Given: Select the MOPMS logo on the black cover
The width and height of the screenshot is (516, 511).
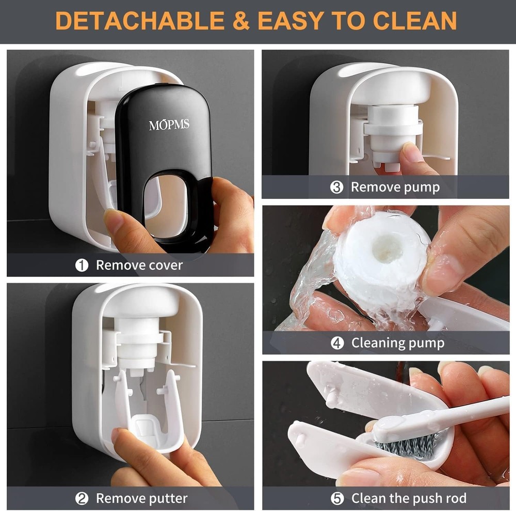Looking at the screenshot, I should tap(169, 125).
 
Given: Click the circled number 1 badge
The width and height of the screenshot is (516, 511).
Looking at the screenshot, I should tap(82, 266).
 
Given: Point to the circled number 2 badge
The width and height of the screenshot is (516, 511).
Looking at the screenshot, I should tap(82, 499).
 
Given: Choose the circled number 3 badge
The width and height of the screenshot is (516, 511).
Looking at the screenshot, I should tap(336, 187).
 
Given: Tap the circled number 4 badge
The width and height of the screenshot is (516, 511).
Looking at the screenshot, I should tap(337, 343).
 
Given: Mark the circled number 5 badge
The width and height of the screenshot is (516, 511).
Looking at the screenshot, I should tap(336, 499).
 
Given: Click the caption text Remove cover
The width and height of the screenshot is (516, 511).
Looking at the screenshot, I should tap(139, 266).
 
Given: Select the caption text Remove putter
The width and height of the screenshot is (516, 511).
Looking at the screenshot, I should tap(142, 499).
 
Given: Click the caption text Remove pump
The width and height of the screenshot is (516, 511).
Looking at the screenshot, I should tap(395, 187).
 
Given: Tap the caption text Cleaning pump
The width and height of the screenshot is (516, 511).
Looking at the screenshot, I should tap(398, 343).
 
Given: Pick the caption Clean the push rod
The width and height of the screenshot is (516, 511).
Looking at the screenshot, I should tap(409, 499).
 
